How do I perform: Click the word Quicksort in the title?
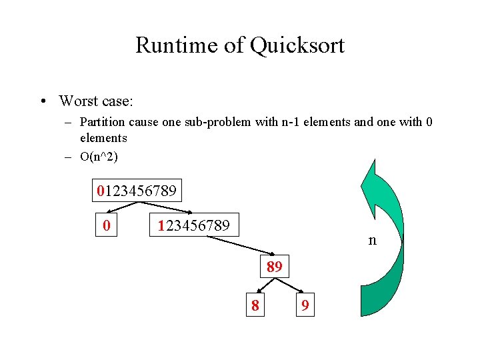[x=297, y=46]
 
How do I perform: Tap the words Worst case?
[x=96, y=101]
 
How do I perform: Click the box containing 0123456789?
[x=137, y=191]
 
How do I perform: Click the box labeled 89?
[x=275, y=267]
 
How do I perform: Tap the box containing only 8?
[x=255, y=305]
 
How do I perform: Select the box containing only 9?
[x=305, y=305]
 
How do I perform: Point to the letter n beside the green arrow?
[x=373, y=240]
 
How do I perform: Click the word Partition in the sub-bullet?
[x=101, y=122]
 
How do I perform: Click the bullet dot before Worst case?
[x=42, y=101]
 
